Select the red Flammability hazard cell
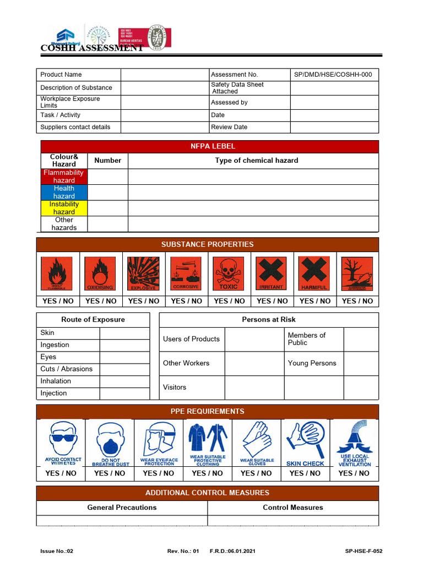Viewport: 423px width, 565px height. click(64, 177)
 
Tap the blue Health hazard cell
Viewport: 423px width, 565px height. click(64, 192)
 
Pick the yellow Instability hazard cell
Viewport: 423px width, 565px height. click(64, 208)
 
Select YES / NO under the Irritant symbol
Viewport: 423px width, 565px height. click(272, 301)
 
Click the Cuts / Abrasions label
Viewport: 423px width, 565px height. click(66, 369)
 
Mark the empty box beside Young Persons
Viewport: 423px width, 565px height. click(361, 364)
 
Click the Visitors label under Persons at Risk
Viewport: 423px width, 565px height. click(175, 387)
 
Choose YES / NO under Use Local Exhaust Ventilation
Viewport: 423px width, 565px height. click(354, 473)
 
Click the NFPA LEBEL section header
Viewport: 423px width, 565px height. click(209, 146)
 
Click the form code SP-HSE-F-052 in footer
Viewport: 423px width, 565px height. click(364, 551)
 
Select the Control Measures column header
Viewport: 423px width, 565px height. click(292, 508)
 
